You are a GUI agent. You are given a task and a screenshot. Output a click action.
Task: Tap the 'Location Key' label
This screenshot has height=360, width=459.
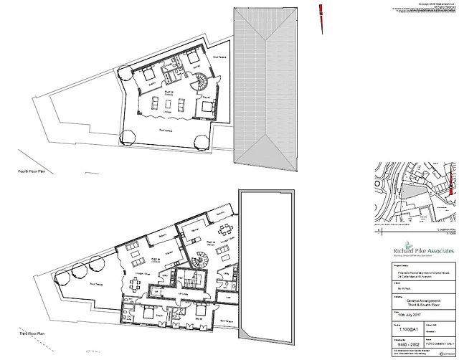click(x=443, y=229)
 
